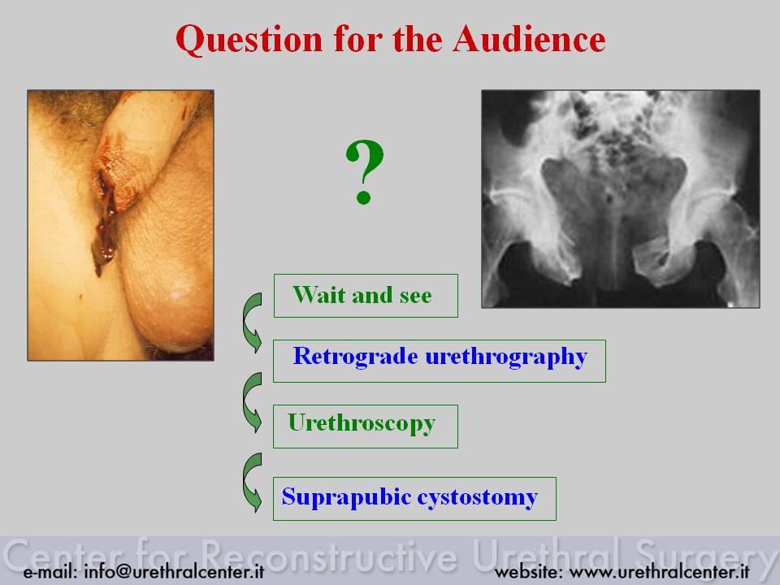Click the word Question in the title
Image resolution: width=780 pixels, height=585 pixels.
point(249,40)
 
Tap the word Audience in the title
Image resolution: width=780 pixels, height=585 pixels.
point(529,39)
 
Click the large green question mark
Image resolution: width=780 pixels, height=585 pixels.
point(365,172)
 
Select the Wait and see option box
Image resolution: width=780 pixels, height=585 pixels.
point(366,296)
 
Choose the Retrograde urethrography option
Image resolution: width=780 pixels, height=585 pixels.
point(440,361)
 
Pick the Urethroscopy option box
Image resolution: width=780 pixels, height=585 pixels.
point(366,427)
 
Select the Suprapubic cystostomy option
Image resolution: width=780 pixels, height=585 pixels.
point(414,499)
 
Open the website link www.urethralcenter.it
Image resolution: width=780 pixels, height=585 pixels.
point(659,572)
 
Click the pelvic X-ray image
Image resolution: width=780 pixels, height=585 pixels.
point(621,199)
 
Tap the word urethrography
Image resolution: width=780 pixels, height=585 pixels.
point(506,357)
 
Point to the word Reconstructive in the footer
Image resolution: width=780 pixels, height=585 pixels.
point(329,553)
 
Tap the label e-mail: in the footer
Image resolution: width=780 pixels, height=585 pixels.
point(50,572)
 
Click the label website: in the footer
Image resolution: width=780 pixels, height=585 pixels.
point(528,572)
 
